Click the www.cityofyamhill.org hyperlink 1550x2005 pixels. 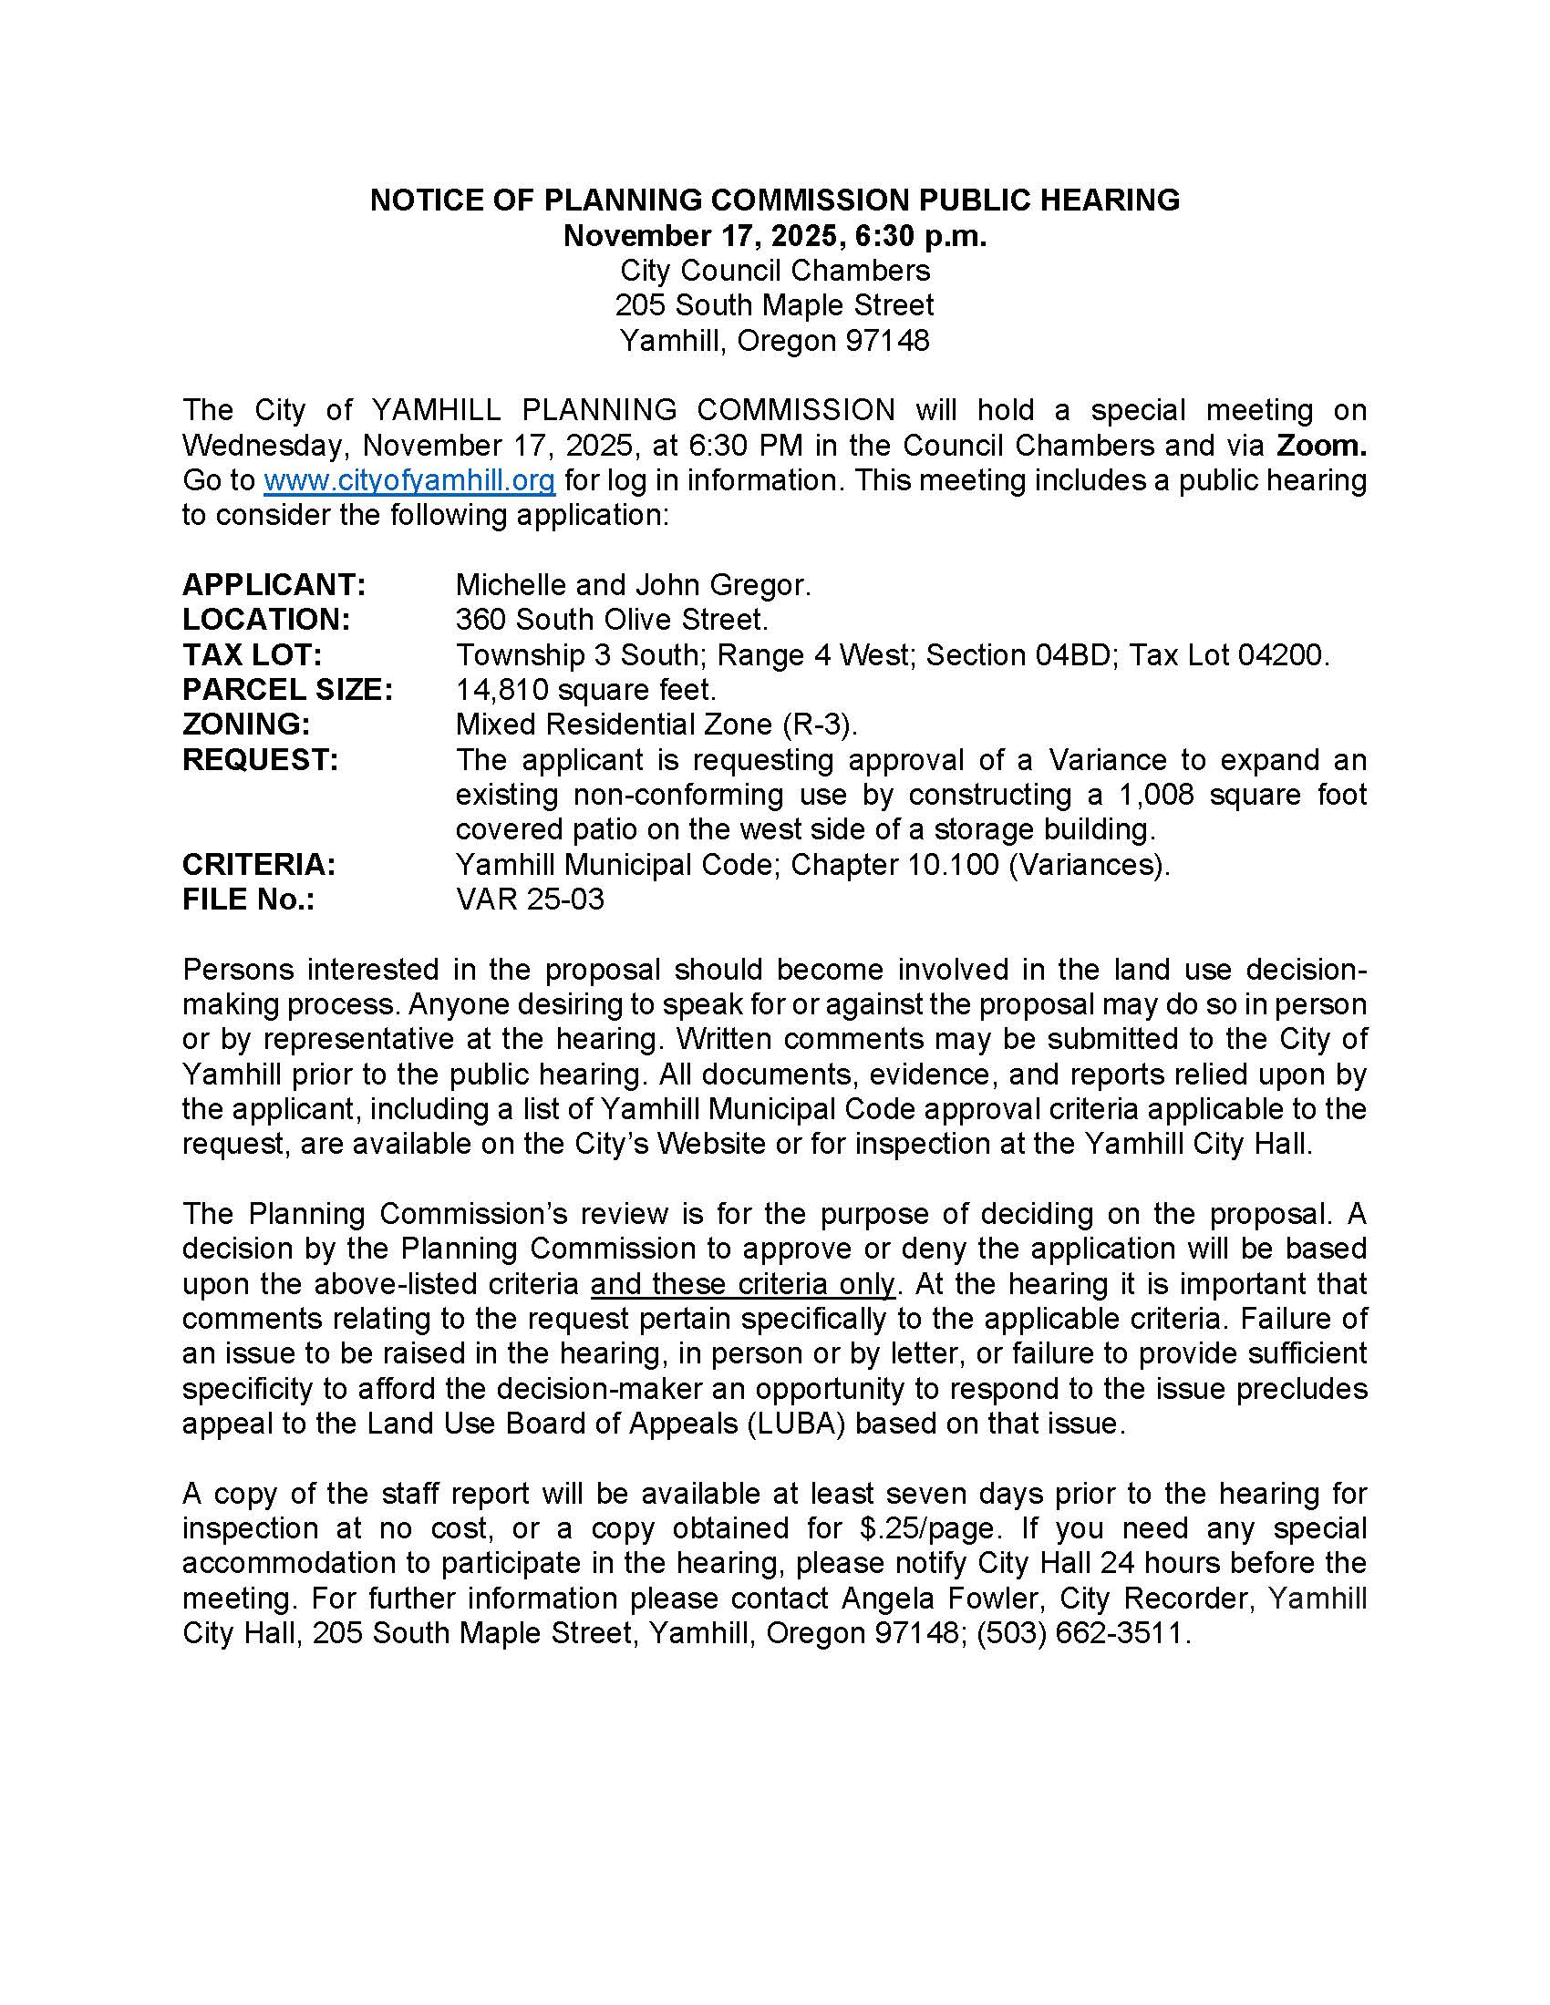point(408,480)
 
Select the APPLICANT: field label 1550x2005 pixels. point(274,584)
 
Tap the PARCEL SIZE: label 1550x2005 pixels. point(286,690)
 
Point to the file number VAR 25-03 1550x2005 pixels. point(530,899)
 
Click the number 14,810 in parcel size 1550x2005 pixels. point(501,690)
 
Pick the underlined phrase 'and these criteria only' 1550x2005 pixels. point(742,1283)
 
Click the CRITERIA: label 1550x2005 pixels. point(259,864)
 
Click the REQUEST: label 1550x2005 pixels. point(260,759)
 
